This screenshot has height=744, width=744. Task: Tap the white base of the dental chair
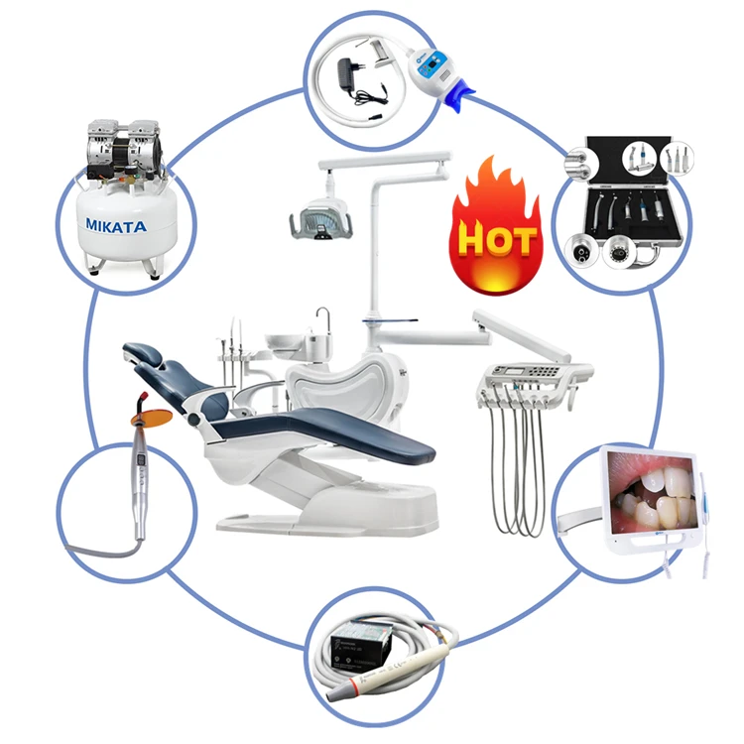327,506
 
